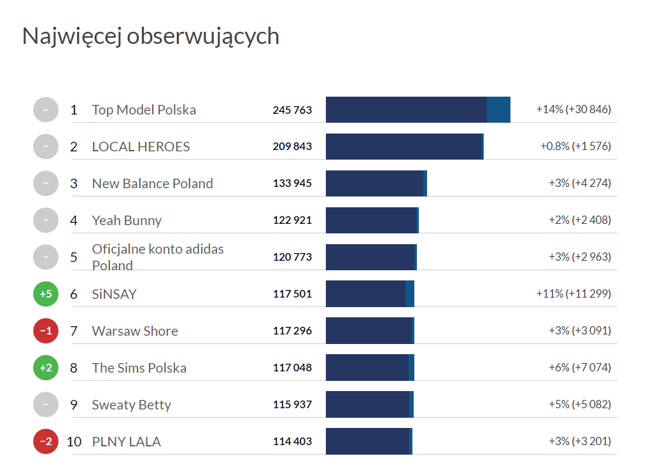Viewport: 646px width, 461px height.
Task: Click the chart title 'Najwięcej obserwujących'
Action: pos(151,36)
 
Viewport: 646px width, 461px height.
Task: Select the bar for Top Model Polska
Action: pos(418,110)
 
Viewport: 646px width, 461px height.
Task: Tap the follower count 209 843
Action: pos(292,147)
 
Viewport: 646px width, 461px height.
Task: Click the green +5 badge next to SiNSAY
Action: pos(46,294)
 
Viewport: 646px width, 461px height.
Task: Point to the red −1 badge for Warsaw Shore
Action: pos(46,331)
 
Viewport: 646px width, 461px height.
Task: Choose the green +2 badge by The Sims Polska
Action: pos(46,368)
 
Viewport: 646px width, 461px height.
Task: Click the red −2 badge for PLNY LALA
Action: pos(46,442)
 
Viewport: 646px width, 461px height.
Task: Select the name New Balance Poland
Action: pos(152,184)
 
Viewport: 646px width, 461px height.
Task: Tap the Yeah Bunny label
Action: pos(127,221)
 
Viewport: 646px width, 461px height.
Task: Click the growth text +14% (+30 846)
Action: pos(573,110)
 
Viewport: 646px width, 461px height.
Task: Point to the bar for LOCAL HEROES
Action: pos(404,147)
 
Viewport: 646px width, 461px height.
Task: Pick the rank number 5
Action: pos(74,258)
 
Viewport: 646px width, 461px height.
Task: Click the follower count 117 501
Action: pos(292,294)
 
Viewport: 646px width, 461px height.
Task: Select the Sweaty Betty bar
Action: pos(369,405)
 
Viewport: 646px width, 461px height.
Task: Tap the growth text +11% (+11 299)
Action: pos(573,294)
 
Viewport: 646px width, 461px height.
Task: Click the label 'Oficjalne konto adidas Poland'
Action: pos(157,257)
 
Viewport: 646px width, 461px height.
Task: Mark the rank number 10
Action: pos(74,442)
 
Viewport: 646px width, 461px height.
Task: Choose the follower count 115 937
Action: pos(292,405)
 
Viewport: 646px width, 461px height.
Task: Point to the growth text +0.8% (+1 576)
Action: pos(575,147)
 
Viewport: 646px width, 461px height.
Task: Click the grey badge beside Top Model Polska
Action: pos(46,110)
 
